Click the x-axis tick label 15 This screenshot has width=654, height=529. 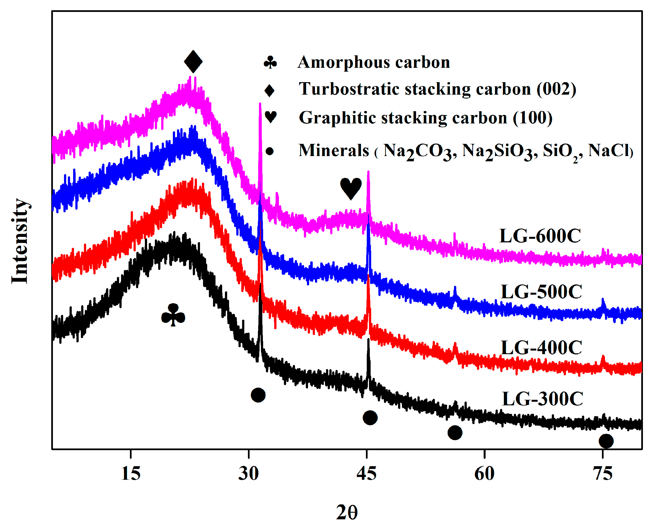(x=130, y=474)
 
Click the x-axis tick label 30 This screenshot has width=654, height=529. (x=248, y=474)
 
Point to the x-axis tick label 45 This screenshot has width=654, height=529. (x=366, y=474)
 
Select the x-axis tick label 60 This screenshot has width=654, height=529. (x=484, y=474)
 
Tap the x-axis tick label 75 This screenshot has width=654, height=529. (x=602, y=474)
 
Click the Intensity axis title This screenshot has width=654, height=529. (x=20, y=241)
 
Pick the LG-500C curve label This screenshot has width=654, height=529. (x=542, y=292)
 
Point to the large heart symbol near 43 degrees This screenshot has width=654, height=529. (x=351, y=188)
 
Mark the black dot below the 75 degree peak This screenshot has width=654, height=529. (x=606, y=441)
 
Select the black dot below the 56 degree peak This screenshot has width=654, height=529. (x=455, y=433)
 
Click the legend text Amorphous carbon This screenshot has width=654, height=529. (x=374, y=62)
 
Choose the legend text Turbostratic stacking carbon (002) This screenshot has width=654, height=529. (x=437, y=89)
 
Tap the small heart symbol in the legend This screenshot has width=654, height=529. (x=271, y=117)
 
